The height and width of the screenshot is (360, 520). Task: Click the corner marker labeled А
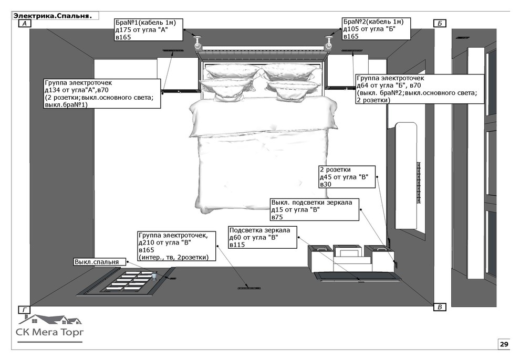(x=25, y=23)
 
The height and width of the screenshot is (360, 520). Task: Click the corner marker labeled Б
(x=440, y=23)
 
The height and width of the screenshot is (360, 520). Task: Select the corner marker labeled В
(x=440, y=307)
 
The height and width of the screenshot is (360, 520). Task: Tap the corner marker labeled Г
(x=24, y=310)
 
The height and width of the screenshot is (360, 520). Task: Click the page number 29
(x=504, y=344)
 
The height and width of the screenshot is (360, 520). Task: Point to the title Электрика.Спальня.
(x=53, y=16)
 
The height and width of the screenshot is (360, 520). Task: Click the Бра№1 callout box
(x=149, y=30)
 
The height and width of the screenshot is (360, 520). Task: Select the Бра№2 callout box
(x=377, y=29)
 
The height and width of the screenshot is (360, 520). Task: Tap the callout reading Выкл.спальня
(x=100, y=262)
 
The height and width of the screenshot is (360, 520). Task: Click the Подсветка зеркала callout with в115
(x=262, y=237)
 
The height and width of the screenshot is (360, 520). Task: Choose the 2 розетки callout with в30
(x=347, y=177)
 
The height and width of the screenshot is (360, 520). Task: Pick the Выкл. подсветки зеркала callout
(x=315, y=209)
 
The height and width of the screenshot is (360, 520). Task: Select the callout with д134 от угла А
(x=102, y=93)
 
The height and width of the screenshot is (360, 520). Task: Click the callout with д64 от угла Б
(x=420, y=89)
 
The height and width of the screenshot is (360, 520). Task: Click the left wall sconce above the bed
(x=197, y=43)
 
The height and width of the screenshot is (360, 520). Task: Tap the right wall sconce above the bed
(x=329, y=43)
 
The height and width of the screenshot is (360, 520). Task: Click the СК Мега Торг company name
(x=50, y=332)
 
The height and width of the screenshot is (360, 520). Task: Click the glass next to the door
(x=154, y=276)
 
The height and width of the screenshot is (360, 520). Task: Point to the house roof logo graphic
(x=50, y=319)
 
